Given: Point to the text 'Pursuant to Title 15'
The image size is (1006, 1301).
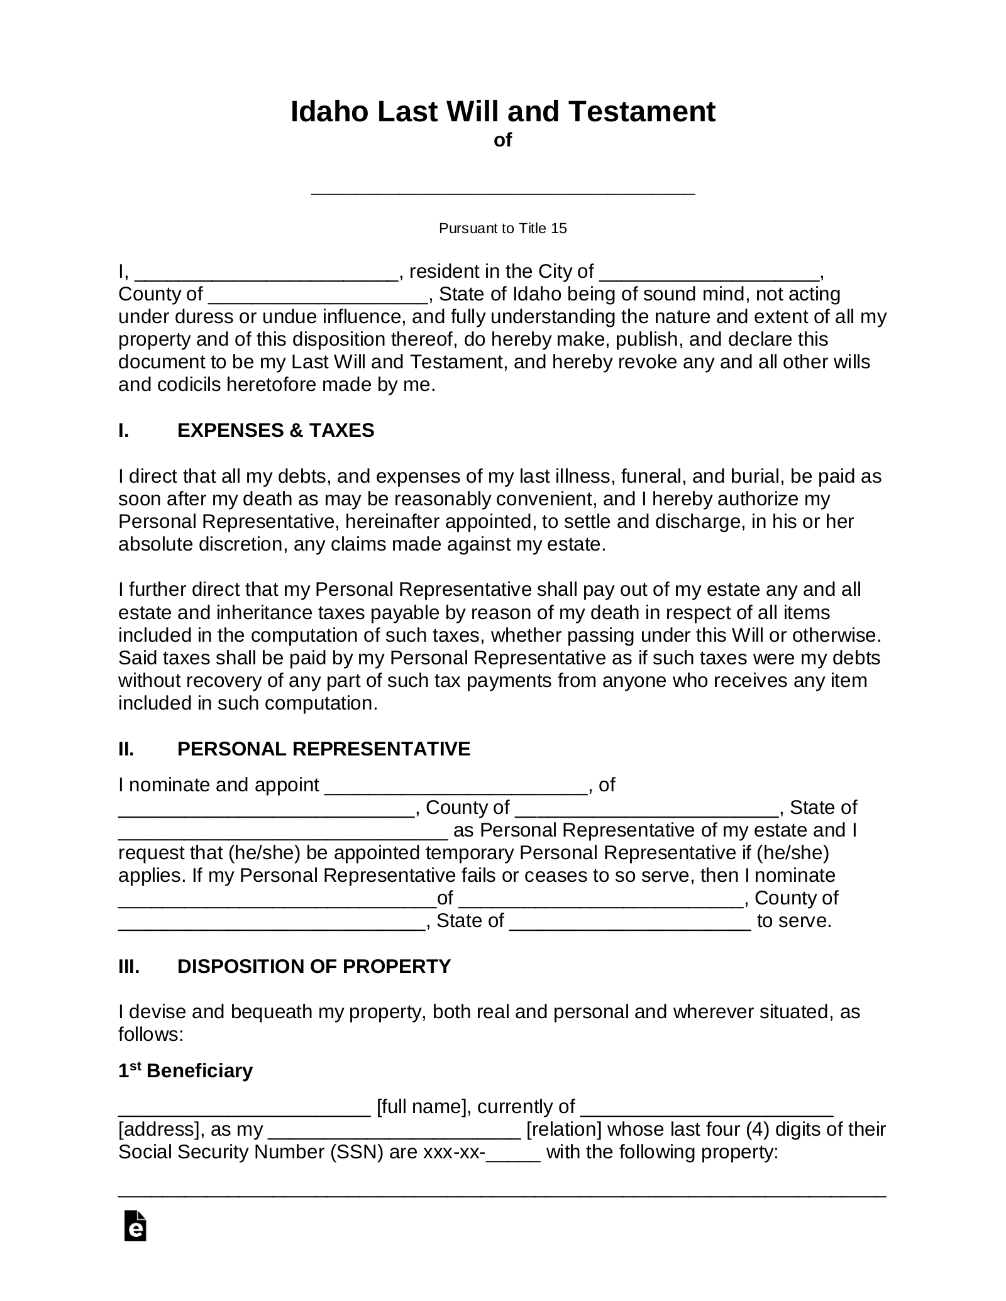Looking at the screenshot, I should [x=502, y=228].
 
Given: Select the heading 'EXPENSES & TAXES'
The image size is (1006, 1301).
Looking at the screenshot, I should [x=275, y=430].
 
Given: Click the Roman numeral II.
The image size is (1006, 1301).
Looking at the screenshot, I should [x=126, y=749].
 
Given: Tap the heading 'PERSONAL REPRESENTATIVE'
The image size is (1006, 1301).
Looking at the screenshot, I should [x=324, y=749].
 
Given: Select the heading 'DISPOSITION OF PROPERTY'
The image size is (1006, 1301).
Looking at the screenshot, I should [x=314, y=966].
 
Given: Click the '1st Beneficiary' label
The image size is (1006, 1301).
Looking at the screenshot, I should [x=185, y=1070].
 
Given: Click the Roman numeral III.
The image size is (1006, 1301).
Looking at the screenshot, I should [x=129, y=966].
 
